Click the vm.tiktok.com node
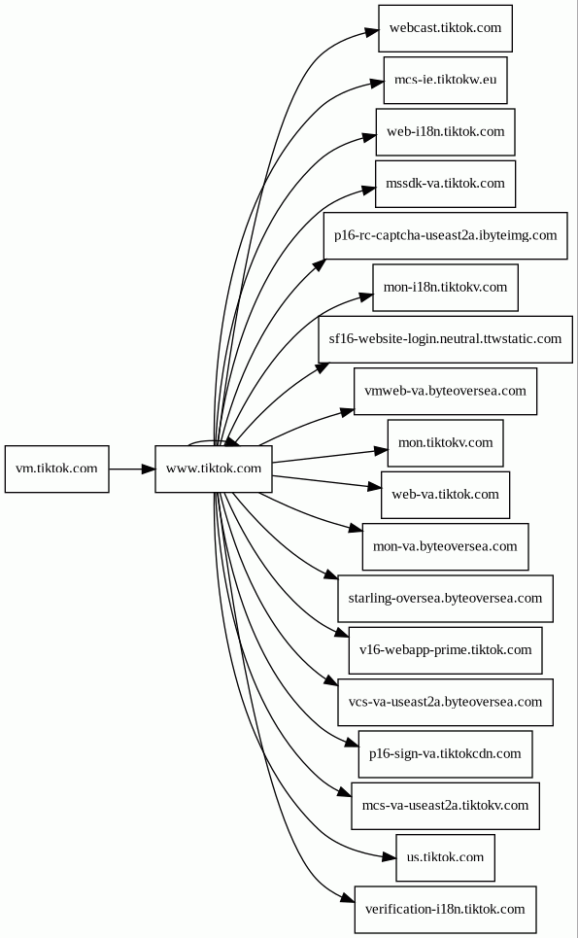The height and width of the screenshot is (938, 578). pyautogui.click(x=56, y=469)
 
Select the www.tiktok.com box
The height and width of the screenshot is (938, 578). pyautogui.click(x=214, y=469)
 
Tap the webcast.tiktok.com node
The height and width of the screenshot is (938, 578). pyautogui.click(x=445, y=28)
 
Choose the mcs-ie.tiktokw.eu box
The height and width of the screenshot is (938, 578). pyautogui.click(x=445, y=80)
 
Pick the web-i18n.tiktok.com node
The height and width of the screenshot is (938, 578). pyautogui.click(x=445, y=132)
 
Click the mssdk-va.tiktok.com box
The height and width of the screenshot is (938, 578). pyautogui.click(x=445, y=184)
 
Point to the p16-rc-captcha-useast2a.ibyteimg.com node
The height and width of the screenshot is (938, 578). pyautogui.click(x=445, y=235)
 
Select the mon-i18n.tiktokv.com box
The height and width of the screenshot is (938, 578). pyautogui.click(x=445, y=288)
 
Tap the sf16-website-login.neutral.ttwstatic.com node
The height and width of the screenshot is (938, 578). pyautogui.click(x=445, y=339)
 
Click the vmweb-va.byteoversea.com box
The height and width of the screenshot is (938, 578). pyautogui.click(x=445, y=391)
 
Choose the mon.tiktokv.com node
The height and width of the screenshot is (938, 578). pyautogui.click(x=445, y=443)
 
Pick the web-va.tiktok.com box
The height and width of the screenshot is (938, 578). pyautogui.click(x=445, y=495)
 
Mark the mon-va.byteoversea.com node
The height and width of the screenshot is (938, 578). pyautogui.click(x=445, y=547)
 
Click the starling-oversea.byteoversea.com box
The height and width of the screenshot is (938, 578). pyautogui.click(x=445, y=599)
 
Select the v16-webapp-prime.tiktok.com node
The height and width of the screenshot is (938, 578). pyautogui.click(x=445, y=650)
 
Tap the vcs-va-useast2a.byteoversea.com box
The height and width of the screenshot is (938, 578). pyautogui.click(x=445, y=703)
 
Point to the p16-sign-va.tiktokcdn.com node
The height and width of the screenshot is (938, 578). pyautogui.click(x=445, y=754)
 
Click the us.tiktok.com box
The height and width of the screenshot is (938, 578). pyautogui.click(x=445, y=858)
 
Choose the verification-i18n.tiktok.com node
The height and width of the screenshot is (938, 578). pyautogui.click(x=445, y=910)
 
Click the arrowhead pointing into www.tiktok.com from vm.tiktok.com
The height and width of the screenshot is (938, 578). pyautogui.click(x=149, y=469)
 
